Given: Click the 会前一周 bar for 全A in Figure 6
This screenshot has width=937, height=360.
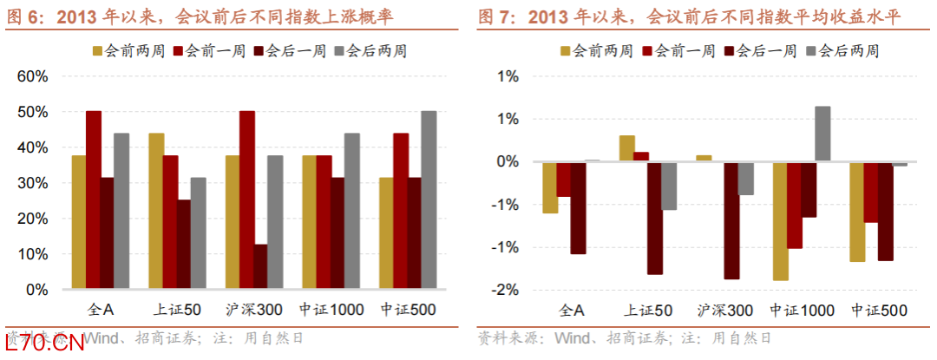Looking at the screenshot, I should coord(94,200).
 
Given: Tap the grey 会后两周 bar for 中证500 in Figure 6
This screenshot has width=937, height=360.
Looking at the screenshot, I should coord(429,200).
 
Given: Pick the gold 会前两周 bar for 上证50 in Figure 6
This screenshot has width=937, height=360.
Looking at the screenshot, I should coord(156,211).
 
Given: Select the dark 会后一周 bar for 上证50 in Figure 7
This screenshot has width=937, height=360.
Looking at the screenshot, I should coord(654,218).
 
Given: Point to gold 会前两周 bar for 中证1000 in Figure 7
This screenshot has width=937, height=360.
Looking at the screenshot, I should coord(780,221).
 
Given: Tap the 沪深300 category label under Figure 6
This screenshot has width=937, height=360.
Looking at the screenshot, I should coord(247,310).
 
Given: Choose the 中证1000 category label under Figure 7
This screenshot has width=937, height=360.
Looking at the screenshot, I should coord(803,310).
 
